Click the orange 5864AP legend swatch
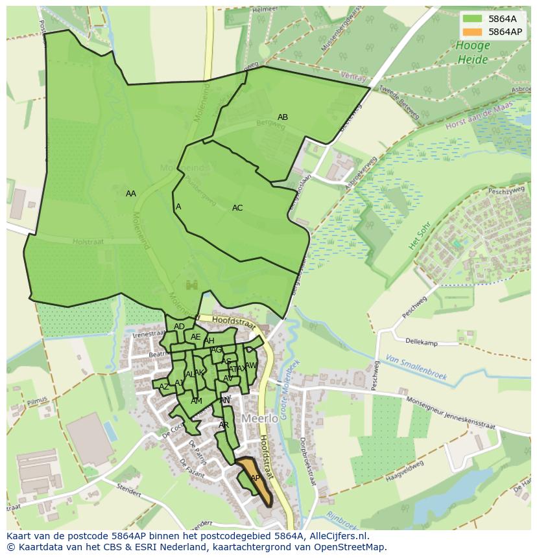tap(473, 32)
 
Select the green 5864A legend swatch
tap(473, 19)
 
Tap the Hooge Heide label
tap(472, 52)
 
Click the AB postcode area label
tap(283, 117)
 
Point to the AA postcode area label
tap(131, 194)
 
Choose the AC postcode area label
tap(237, 208)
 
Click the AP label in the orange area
tap(255, 478)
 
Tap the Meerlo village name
tap(259, 419)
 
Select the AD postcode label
tap(180, 327)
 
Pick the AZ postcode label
tap(164, 387)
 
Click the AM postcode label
tap(197, 401)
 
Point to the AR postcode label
tap(224, 425)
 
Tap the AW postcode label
tap(251, 366)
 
